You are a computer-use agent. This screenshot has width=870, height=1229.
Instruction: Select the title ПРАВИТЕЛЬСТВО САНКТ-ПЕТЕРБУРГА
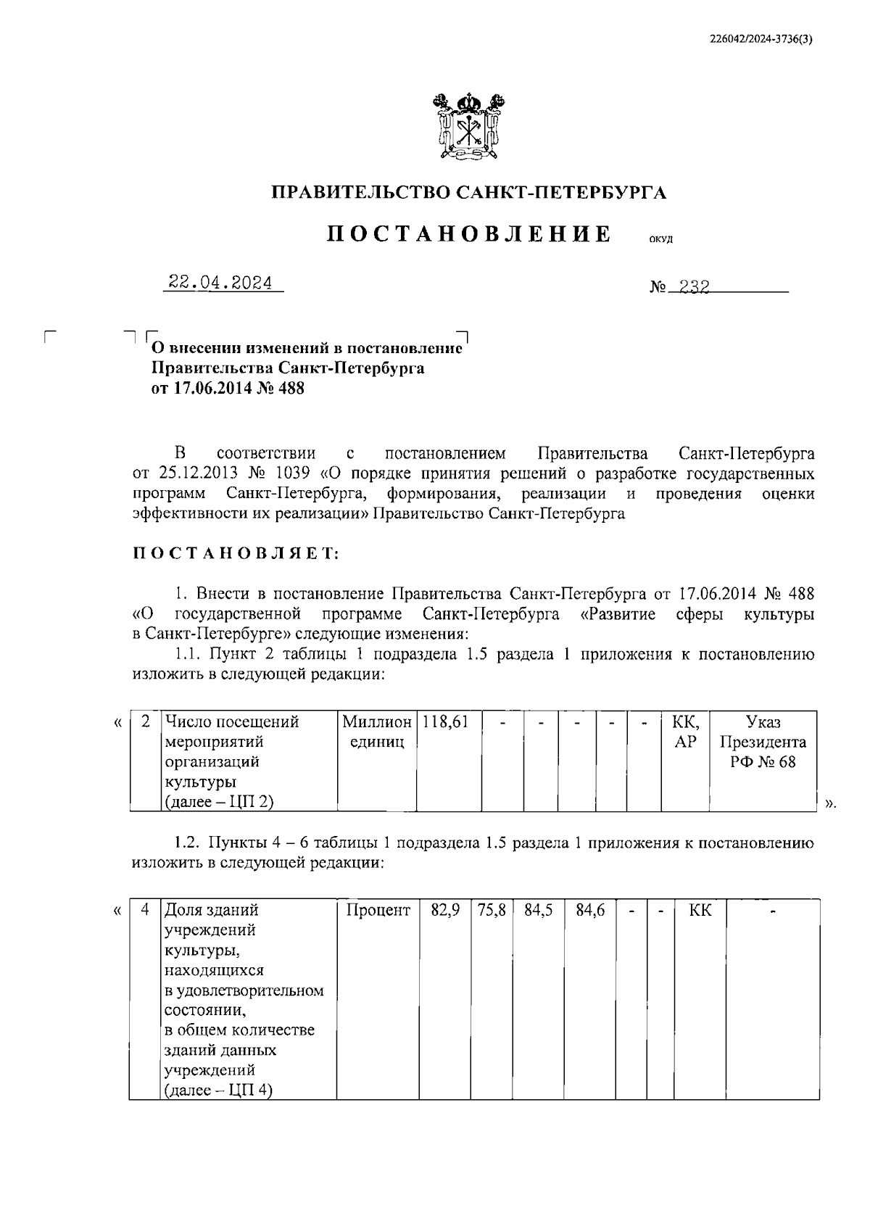tap(468, 192)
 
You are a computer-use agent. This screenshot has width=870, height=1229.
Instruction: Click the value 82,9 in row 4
tap(445, 910)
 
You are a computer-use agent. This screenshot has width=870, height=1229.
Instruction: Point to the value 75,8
tap(492, 910)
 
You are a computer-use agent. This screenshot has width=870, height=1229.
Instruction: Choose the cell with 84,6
tap(590, 910)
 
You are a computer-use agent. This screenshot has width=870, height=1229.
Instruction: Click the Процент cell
tap(378, 910)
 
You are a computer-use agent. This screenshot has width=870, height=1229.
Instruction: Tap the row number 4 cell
tap(145, 910)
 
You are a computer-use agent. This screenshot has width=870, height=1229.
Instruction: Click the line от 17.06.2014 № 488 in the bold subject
tap(228, 389)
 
